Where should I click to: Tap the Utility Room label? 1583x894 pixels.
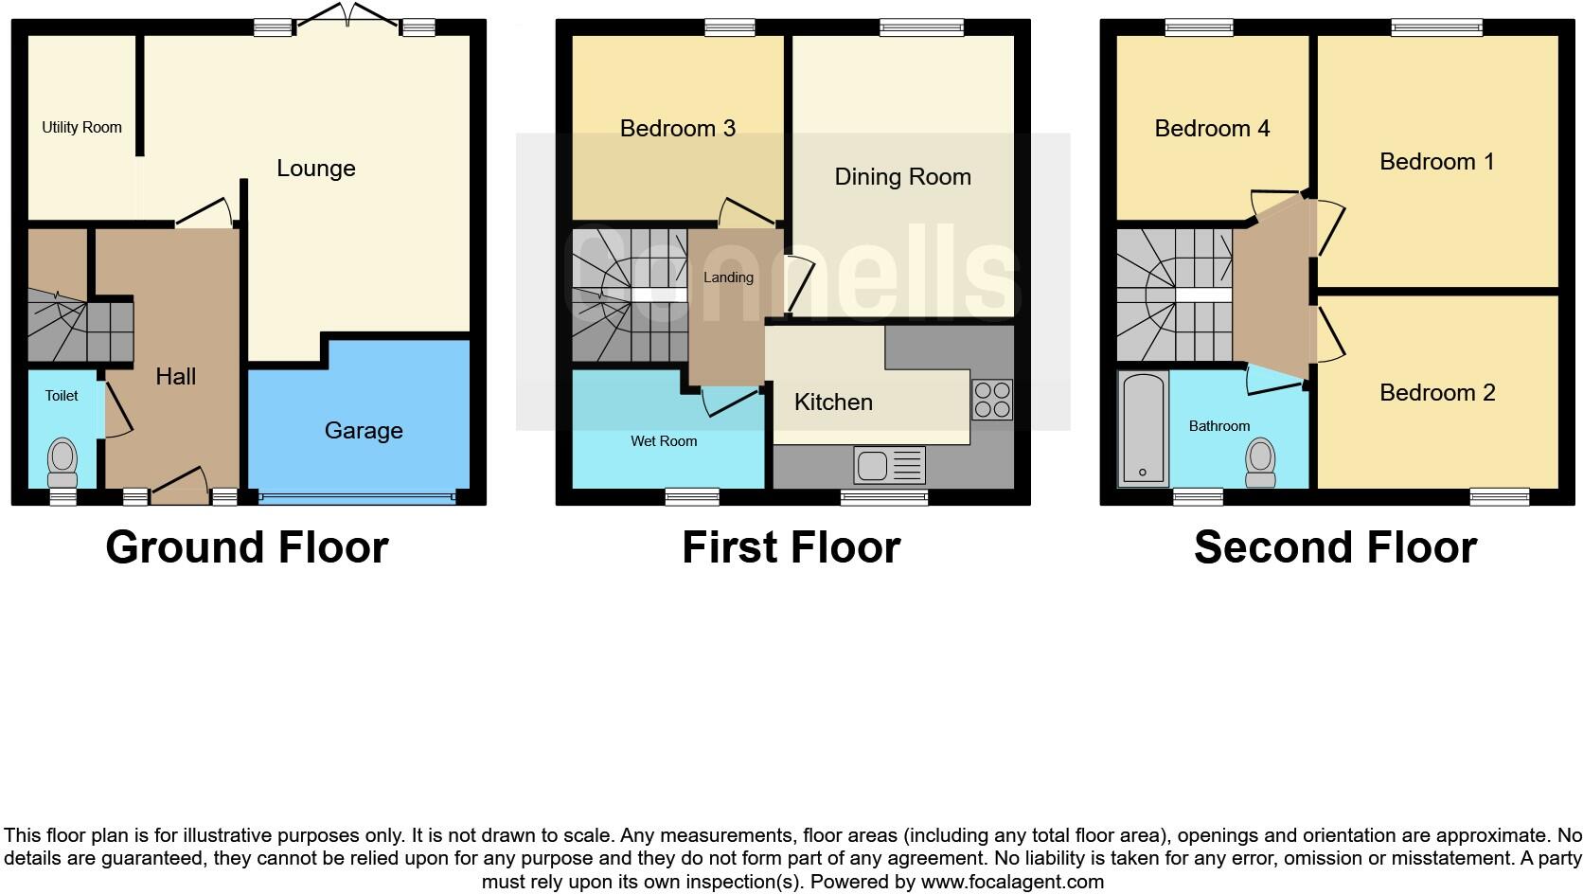click(81, 127)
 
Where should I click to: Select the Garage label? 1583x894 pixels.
click(364, 431)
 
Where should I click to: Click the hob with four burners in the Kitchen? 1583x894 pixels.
click(991, 399)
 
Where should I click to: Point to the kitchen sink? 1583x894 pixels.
click(888, 465)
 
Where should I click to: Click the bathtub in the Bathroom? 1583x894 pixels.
click(1143, 428)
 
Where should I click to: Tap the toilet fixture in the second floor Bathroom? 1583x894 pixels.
click(1260, 461)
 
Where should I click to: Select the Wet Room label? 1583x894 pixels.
click(664, 441)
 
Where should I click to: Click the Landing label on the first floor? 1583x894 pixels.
click(728, 277)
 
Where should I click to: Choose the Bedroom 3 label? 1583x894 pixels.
click(677, 129)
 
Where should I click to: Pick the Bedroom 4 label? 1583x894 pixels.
click(1212, 129)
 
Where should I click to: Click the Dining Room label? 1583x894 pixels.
click(902, 177)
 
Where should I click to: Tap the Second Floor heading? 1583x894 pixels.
click(1335, 547)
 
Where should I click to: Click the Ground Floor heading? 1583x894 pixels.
click(247, 547)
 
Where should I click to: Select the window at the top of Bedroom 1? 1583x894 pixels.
click(1436, 28)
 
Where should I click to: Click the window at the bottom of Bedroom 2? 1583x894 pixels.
click(1499, 496)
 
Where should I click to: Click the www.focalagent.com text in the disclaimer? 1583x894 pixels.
click(1012, 882)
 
